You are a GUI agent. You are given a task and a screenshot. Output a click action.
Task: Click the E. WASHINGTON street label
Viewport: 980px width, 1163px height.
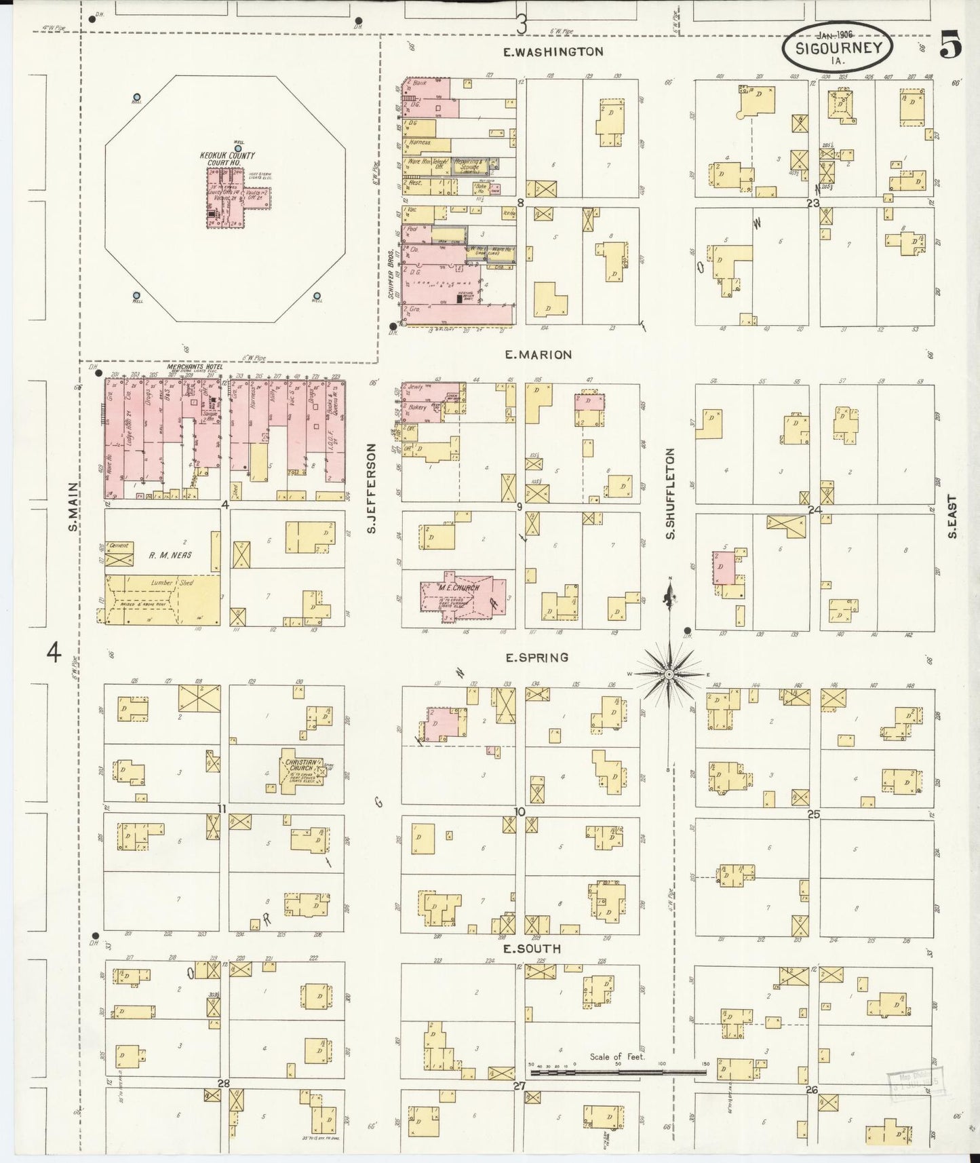553,52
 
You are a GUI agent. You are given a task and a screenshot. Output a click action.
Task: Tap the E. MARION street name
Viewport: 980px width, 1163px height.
538,354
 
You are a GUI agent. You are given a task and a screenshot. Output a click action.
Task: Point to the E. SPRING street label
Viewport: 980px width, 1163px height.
536,657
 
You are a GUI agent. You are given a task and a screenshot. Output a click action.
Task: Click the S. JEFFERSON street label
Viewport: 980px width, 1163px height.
372,488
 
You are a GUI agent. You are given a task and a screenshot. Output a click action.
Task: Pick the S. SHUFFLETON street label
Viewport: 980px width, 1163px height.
670,493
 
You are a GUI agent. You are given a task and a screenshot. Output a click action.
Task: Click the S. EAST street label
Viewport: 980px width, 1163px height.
952,516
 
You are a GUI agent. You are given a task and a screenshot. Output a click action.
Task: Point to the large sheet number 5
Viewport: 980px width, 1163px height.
951,46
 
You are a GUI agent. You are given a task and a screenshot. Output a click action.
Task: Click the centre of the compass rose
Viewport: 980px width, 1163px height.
669,674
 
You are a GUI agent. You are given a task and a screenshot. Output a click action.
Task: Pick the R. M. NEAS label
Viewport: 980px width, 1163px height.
170,555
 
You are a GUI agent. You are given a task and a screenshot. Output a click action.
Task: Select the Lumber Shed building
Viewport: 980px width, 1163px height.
163,599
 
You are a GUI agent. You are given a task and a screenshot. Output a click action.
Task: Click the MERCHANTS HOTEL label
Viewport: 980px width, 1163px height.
181,366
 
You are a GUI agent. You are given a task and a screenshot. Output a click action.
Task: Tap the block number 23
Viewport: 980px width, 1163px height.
813,202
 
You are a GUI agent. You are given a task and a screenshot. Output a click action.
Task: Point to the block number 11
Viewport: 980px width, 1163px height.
222,808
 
